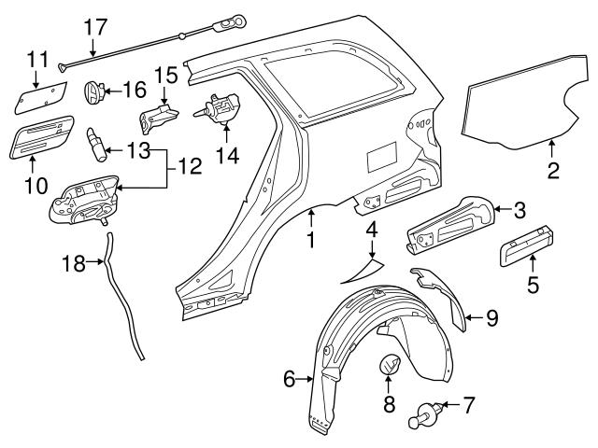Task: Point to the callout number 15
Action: click(164, 74)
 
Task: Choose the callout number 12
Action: click(189, 168)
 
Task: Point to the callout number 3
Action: click(520, 211)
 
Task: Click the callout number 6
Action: click(290, 378)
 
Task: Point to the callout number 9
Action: click(492, 317)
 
